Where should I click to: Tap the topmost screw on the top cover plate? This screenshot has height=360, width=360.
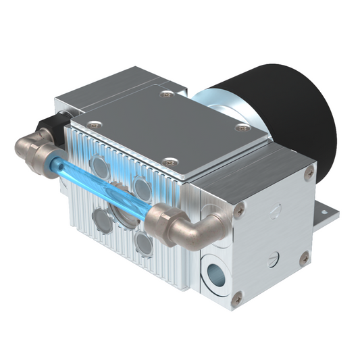[166, 95]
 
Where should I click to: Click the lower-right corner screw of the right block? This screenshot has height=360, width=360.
[305, 257]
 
